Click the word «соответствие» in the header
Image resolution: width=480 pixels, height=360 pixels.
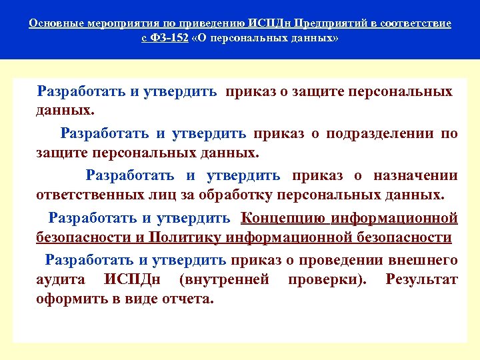(417, 24)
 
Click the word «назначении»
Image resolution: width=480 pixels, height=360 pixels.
(415, 175)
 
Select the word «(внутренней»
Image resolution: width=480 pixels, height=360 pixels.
(224, 279)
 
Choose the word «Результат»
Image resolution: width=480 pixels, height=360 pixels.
(421, 279)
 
